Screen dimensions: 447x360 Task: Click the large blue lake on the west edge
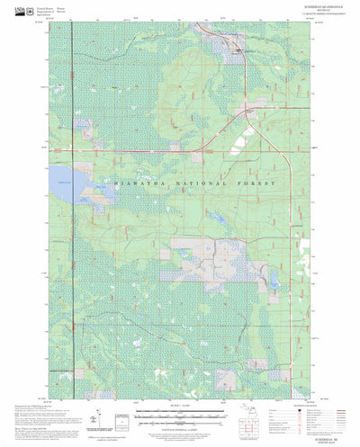(x=64, y=177)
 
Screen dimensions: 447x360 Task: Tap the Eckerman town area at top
(x=238, y=51)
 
